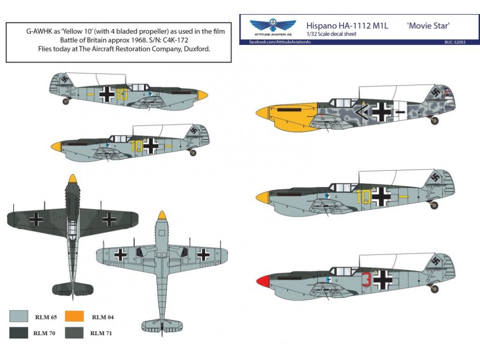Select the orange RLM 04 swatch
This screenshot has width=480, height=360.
pyautogui.click(x=74, y=316)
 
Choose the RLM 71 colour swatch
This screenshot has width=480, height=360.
pyautogui.click(x=74, y=333)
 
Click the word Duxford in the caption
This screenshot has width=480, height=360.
pyautogui.click(x=197, y=49)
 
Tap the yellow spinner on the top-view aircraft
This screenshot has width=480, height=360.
pyautogui.click(x=72, y=179)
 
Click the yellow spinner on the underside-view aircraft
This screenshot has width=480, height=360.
pyautogui.click(x=162, y=216)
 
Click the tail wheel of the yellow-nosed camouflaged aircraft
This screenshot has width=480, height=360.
pyautogui.click(x=434, y=120)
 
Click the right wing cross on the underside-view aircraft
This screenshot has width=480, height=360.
pyautogui.click(x=203, y=254)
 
